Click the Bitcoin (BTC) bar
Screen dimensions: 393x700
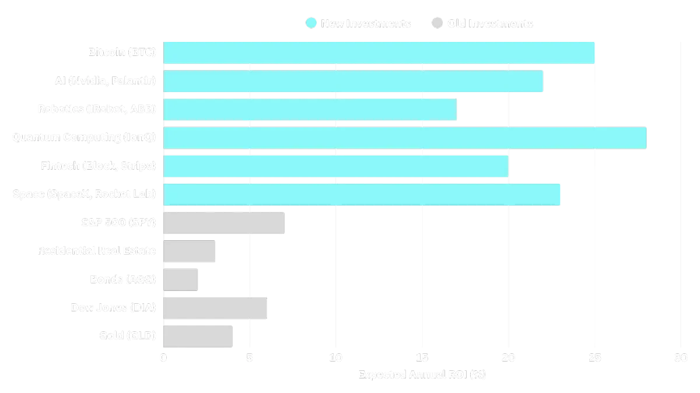pyautogui.click(x=379, y=52)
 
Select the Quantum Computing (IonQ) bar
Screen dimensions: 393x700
pyautogui.click(x=405, y=138)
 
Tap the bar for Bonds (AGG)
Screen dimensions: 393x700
pyautogui.click(x=182, y=279)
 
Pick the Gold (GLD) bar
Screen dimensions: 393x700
pyautogui.click(x=198, y=336)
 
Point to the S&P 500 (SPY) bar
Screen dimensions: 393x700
pyautogui.click(x=224, y=223)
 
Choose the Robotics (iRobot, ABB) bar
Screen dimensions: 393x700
pyautogui.click(x=310, y=109)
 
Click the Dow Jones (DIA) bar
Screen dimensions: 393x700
pyautogui.click(x=216, y=308)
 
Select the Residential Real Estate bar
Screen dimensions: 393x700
pyautogui.click(x=191, y=251)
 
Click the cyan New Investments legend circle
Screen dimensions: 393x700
pyautogui.click(x=311, y=23)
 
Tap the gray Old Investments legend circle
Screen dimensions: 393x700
pyautogui.click(x=437, y=23)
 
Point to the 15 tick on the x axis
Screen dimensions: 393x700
pyautogui.click(x=422, y=358)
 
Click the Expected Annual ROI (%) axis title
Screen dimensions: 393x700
pyautogui.click(x=422, y=374)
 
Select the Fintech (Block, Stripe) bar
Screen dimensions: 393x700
pyautogui.click(x=336, y=166)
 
